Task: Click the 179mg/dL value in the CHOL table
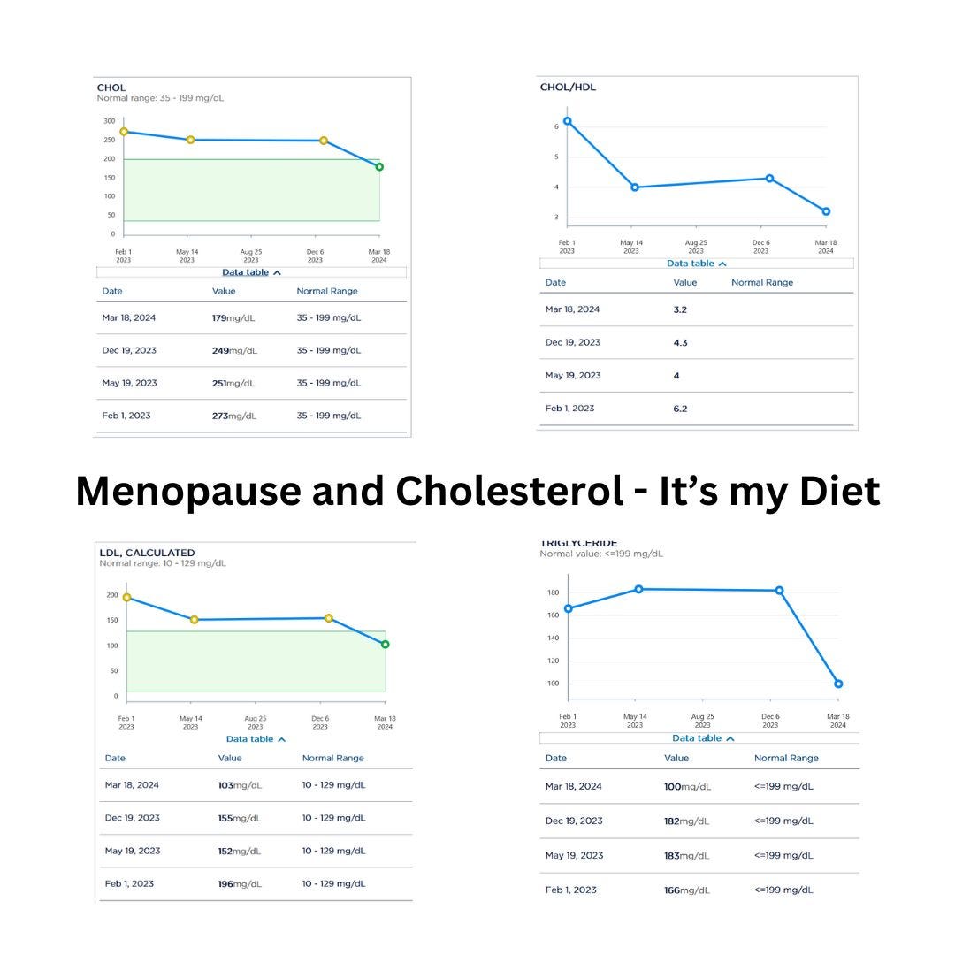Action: [x=233, y=317]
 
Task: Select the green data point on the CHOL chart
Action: [x=379, y=166]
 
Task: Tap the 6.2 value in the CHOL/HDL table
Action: [x=679, y=409]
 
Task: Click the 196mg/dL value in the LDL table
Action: [x=240, y=883]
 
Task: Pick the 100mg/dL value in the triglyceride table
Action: [x=686, y=786]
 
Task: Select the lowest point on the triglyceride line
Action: [x=838, y=684]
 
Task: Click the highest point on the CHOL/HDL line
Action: [x=568, y=121]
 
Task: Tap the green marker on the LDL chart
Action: [x=385, y=644]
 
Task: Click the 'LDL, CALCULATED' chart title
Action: [x=147, y=553]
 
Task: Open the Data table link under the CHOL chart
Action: [x=251, y=272]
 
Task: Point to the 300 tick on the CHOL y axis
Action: [x=109, y=121]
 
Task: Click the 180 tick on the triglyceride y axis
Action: [x=554, y=592]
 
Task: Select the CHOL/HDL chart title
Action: [x=568, y=88]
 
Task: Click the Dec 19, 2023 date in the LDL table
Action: [x=133, y=818]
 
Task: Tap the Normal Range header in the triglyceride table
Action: [x=786, y=758]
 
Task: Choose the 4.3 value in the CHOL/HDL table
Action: [x=680, y=342]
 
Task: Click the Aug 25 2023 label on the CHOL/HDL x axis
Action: [x=696, y=247]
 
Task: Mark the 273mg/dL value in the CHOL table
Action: [x=233, y=416]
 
